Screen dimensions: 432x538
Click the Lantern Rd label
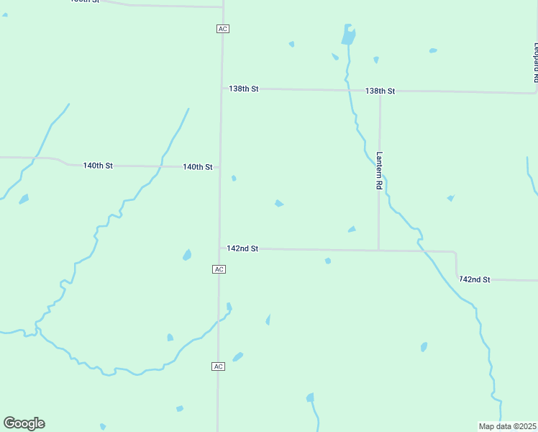pos(379,170)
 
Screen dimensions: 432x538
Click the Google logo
pos(24,423)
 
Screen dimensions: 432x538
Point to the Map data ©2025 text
pos(507,426)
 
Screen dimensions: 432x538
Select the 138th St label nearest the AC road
pos(243,89)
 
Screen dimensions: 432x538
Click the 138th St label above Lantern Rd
pos(380,91)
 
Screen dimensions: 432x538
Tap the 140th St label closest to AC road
pos(197,167)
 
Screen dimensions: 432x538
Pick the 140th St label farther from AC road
pos(98,166)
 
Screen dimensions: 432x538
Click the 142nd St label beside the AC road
pos(242,248)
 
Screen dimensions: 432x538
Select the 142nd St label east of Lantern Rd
pos(475,279)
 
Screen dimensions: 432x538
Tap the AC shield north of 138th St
pos(222,28)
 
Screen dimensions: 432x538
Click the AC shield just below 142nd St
pos(219,269)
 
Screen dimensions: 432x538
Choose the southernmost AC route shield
pos(219,366)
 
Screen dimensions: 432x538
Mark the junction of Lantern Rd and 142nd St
pos(378,251)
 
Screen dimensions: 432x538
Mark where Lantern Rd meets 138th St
pos(380,91)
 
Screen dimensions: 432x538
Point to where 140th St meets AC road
pos(220,168)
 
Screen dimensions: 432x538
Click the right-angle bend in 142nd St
pos(455,253)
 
